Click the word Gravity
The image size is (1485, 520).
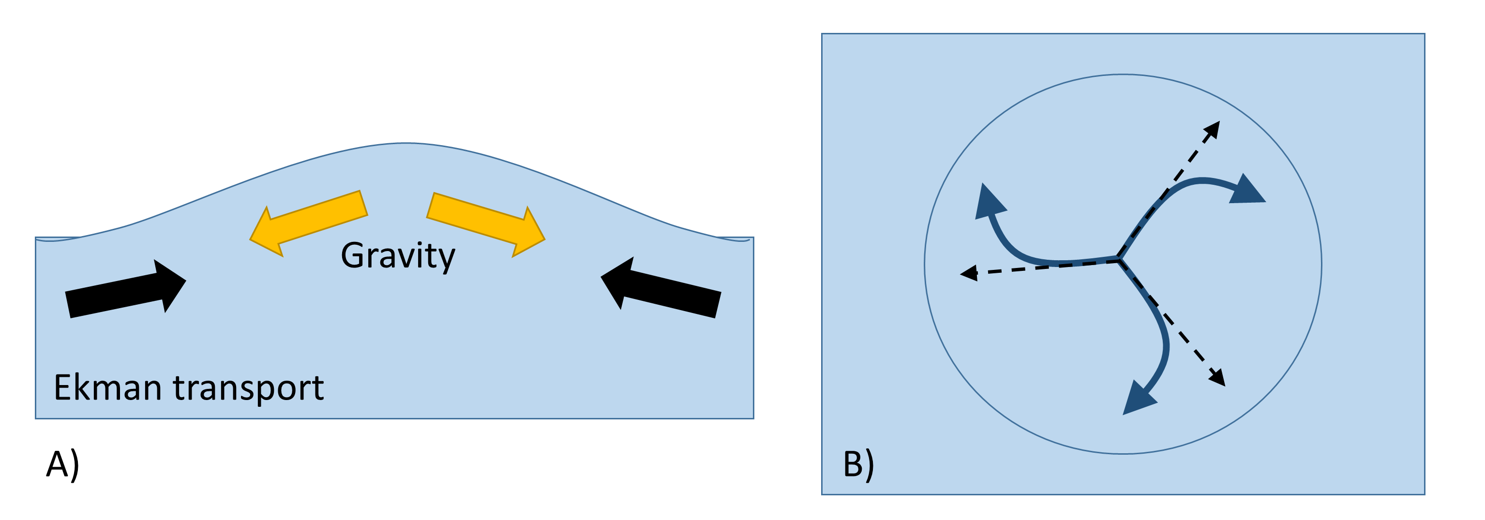pyautogui.click(x=398, y=255)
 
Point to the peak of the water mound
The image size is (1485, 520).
pyautogui.click(x=406, y=144)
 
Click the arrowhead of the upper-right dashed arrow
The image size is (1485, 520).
pyautogui.click(x=1214, y=129)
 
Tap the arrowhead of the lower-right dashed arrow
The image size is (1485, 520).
pyautogui.click(x=1217, y=378)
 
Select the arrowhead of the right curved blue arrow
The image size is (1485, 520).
pyautogui.click(x=1248, y=191)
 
